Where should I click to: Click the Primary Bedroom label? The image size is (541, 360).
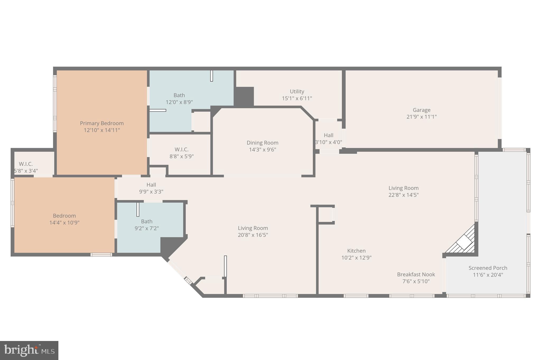click(102, 123)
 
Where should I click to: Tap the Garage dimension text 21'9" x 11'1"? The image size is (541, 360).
click(422, 117)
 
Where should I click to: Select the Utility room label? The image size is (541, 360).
click(297, 91)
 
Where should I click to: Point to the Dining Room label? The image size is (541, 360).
click(262, 143)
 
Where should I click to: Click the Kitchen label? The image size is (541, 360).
click(356, 251)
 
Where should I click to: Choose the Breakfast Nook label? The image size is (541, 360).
click(416, 274)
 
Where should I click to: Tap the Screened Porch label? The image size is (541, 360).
click(488, 268)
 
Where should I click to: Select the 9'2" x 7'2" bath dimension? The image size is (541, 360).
click(147, 228)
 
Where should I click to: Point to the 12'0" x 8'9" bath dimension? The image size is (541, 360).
click(179, 102)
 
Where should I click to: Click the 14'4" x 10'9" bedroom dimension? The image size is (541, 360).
click(64, 223)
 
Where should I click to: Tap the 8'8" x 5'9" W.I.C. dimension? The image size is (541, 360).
click(181, 156)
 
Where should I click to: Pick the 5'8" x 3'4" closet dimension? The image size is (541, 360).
click(26, 171)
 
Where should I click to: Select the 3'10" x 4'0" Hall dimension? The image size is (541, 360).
click(329, 142)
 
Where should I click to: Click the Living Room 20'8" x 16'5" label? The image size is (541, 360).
click(253, 231)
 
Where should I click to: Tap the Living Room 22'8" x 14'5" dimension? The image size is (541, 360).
click(403, 195)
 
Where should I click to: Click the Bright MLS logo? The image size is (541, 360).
click(29, 350)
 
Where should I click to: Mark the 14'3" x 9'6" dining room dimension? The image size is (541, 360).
click(262, 150)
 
